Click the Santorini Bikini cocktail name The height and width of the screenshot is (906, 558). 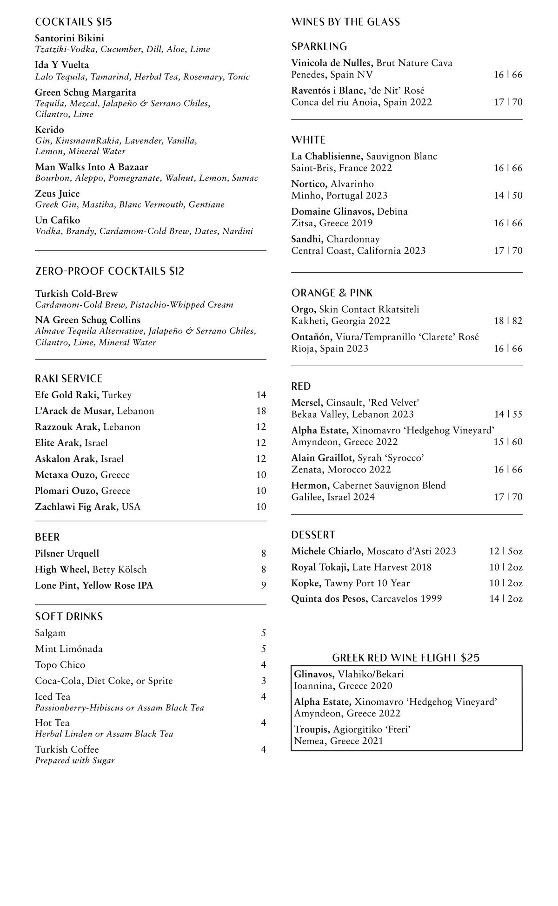(69, 38)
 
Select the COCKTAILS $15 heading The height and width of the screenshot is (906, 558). (73, 22)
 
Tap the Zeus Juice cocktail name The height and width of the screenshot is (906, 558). (57, 194)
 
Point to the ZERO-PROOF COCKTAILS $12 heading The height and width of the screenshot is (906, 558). (109, 271)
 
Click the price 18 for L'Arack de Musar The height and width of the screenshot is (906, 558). (261, 411)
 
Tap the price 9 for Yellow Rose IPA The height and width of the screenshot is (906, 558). (264, 585)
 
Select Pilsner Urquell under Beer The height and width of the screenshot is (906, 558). (67, 553)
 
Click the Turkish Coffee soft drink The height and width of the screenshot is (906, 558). (66, 749)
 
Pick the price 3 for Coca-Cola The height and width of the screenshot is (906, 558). (264, 681)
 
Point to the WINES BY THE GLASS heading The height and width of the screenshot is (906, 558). (345, 22)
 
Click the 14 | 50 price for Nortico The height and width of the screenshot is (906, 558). (508, 196)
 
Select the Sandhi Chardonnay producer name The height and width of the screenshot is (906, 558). (308, 239)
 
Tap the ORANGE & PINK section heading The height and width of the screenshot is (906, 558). (332, 293)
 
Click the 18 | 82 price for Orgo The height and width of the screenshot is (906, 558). (508, 321)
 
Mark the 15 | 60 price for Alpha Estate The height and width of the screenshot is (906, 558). (508, 442)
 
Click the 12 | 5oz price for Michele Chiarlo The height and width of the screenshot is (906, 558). (505, 551)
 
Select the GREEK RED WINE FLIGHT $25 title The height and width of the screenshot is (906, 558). (405, 657)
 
